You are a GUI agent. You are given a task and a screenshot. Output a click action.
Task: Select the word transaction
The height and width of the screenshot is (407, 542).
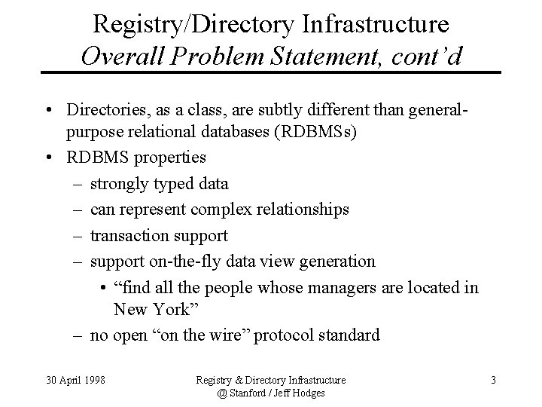128,235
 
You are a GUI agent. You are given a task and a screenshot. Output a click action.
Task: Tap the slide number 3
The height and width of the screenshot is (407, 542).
492,380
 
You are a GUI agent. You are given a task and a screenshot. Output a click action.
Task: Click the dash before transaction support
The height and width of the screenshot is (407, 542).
78,235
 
